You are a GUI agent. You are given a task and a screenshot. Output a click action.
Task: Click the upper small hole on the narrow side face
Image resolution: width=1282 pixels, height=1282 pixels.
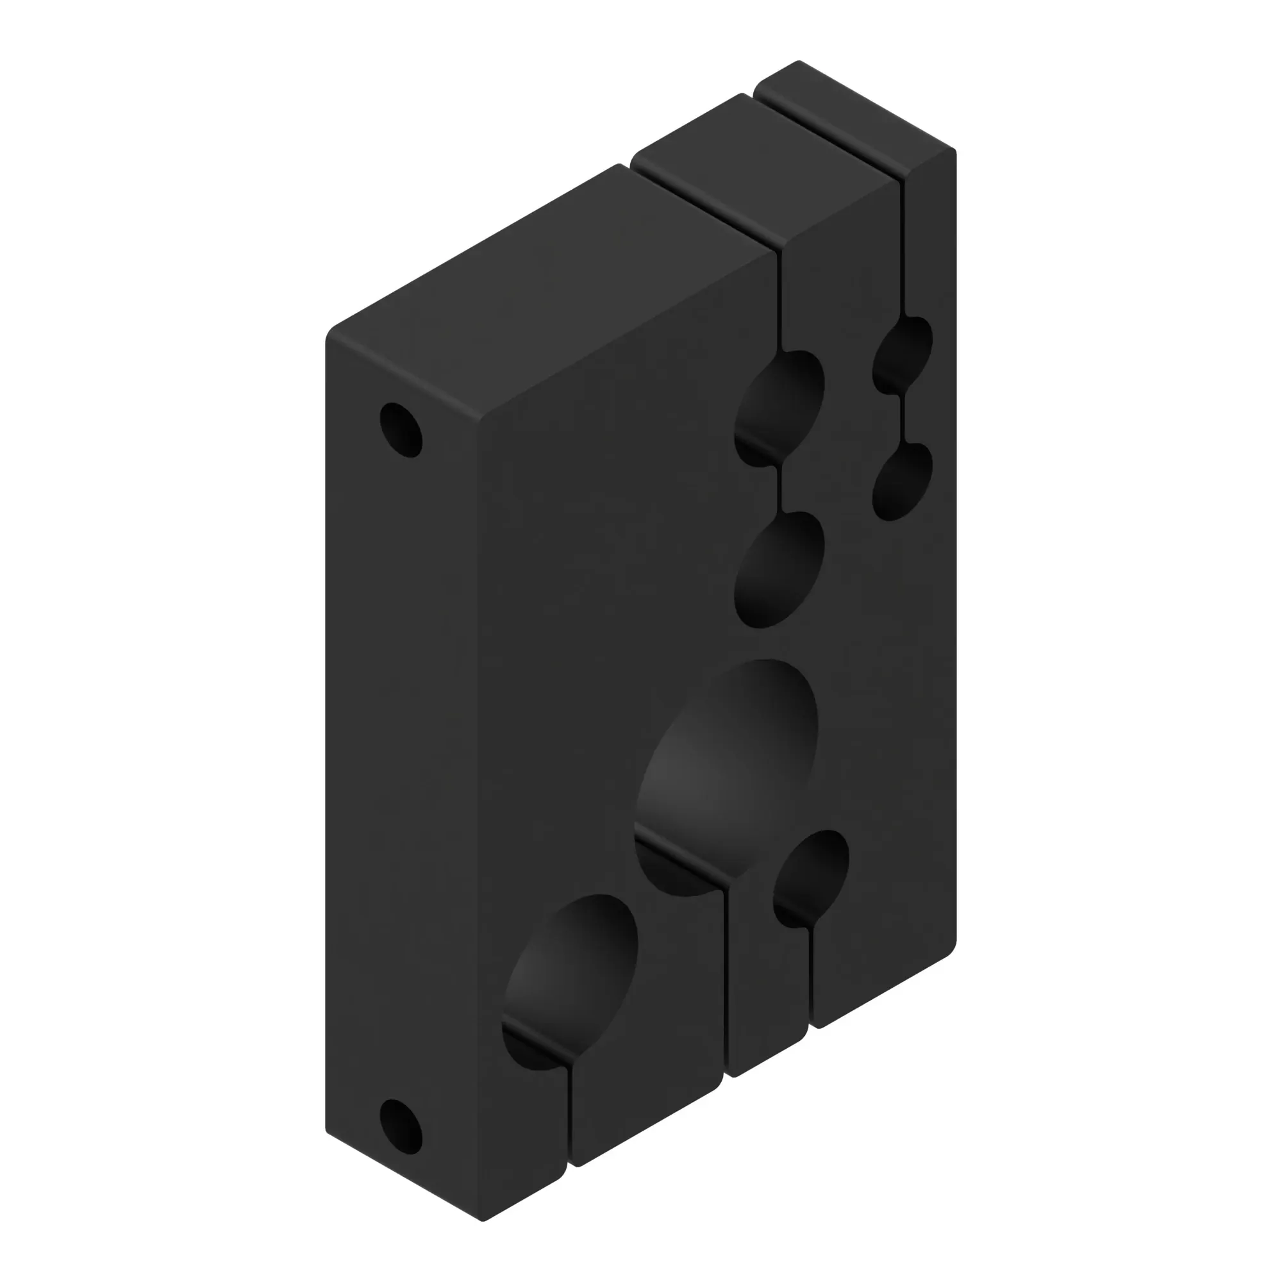coord(401,429)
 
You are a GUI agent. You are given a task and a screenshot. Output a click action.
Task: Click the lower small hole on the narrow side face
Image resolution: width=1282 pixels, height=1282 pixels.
coord(401,1126)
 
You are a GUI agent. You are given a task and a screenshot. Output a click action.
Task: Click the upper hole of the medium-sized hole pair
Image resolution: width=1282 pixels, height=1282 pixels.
coord(779,408)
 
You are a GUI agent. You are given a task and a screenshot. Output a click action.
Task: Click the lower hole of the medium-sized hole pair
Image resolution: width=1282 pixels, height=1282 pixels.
coord(779,570)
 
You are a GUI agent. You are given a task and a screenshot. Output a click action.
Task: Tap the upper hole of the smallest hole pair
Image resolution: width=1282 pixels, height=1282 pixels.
coord(903,355)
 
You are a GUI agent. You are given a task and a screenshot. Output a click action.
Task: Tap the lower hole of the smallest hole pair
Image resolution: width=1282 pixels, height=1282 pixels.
coord(903,482)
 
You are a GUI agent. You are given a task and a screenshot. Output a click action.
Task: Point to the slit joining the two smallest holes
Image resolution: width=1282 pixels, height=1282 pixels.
coord(902,418)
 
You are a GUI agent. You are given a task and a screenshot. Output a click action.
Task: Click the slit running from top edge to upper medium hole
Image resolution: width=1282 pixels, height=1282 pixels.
coord(780,299)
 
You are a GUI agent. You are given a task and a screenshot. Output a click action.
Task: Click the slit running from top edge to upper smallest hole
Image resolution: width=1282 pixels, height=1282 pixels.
coord(903,246)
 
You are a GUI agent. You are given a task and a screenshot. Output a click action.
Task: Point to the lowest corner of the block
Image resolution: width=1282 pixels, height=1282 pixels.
coord(483,1220)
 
